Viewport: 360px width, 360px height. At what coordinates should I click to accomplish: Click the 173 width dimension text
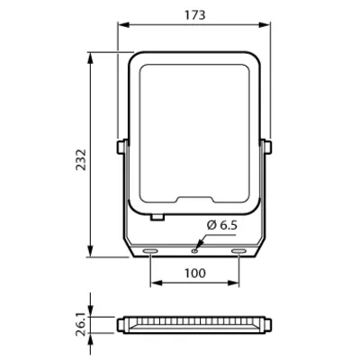[194, 14]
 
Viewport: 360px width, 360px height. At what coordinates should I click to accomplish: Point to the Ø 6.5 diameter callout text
[223, 224]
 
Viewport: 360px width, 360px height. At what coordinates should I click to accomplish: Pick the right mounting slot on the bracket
[238, 250]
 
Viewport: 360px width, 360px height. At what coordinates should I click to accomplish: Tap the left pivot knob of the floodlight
[121, 146]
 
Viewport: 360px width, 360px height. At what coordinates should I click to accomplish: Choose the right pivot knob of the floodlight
[267, 146]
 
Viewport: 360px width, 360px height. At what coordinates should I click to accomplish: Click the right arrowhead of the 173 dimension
[267, 26]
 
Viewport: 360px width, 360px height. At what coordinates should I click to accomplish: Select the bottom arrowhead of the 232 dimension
[91, 255]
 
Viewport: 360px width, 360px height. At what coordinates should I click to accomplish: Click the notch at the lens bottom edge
[194, 201]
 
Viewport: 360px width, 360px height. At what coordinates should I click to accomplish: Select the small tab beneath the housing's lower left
[158, 216]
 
